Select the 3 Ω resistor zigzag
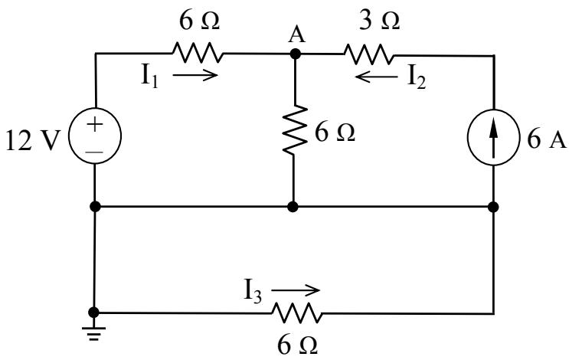tap(368, 54)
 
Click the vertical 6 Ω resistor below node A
tap(295, 131)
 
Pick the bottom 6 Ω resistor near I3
tap(297, 313)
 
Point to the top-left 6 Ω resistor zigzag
tap(198, 53)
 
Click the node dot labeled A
tap(296, 54)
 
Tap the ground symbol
tap(93, 334)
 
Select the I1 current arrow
tap(195, 75)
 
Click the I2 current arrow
tap(377, 77)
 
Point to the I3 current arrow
tap(296, 290)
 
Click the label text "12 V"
tap(32, 140)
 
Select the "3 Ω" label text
tap(380, 21)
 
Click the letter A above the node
tap(297, 35)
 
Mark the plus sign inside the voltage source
tap(95, 125)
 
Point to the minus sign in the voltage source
tap(95, 152)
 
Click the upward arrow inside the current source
tap(492, 139)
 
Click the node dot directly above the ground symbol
tap(93, 313)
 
